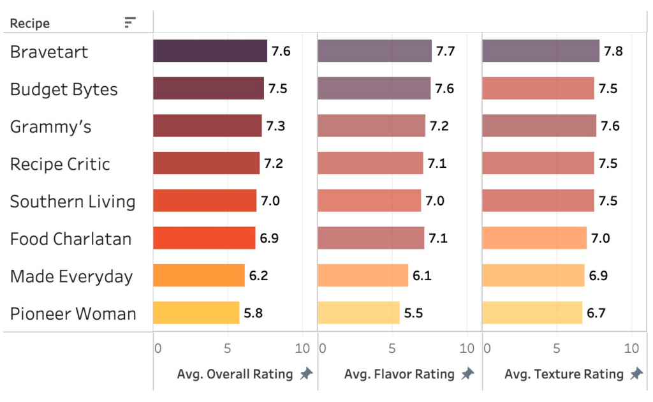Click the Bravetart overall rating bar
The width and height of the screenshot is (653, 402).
(210, 51)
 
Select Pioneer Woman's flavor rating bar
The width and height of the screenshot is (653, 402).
(358, 313)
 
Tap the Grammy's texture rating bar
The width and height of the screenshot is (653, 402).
(539, 126)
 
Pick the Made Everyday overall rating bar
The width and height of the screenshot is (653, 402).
(199, 276)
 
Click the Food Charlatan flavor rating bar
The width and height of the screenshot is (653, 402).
(371, 238)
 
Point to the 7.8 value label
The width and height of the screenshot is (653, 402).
(613, 51)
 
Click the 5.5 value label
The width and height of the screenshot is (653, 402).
(413, 313)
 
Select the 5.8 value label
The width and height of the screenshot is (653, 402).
(253, 313)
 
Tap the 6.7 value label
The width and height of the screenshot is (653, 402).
(596, 313)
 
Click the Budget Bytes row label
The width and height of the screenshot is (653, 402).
(64, 89)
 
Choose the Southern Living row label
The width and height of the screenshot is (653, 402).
(73, 202)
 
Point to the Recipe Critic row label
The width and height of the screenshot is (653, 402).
(60, 164)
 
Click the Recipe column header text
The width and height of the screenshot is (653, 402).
(30, 24)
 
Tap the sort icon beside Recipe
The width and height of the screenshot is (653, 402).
(130, 23)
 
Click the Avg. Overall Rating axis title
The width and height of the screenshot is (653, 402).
(235, 375)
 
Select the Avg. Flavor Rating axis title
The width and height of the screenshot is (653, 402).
(399, 375)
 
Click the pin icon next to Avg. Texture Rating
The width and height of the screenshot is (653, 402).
(636, 374)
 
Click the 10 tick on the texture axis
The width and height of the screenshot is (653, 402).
(631, 348)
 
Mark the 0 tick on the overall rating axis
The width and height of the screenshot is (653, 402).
(158, 348)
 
